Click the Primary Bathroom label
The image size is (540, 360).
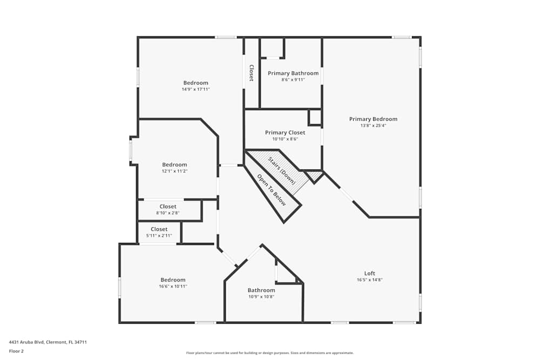293,73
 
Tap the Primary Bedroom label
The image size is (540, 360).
373,119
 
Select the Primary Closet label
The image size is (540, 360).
285,133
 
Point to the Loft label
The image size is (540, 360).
369,274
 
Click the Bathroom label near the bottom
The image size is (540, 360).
261,290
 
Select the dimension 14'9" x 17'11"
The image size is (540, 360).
195,90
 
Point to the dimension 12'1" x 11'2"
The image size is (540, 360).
175,171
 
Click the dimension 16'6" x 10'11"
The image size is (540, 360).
173,286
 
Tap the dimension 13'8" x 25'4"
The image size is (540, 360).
373,126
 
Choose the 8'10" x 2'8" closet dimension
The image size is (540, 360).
168,213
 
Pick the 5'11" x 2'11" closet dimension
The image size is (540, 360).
159,236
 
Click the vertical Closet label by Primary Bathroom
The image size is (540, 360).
251,73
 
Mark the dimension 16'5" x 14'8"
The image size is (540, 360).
369,280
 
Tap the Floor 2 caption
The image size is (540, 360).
16,351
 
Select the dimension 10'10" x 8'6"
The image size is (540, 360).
285,139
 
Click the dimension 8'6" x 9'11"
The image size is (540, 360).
293,80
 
